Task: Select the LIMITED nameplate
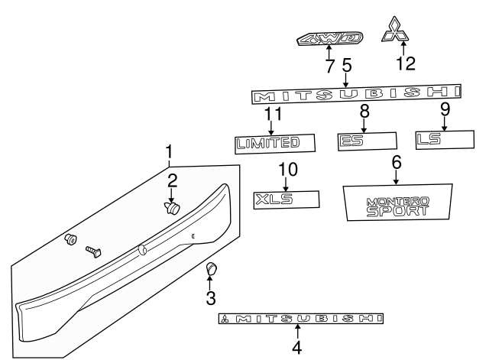pyautogui.click(x=274, y=142)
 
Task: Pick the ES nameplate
pyautogui.click(x=368, y=141)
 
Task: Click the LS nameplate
pyautogui.click(x=443, y=140)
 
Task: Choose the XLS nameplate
pyautogui.click(x=285, y=199)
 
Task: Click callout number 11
pyautogui.click(x=273, y=115)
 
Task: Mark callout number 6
pyautogui.click(x=396, y=162)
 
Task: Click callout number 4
pyautogui.click(x=297, y=347)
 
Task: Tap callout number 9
pyautogui.click(x=445, y=110)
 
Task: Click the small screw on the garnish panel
pyautogui.click(x=94, y=251)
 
